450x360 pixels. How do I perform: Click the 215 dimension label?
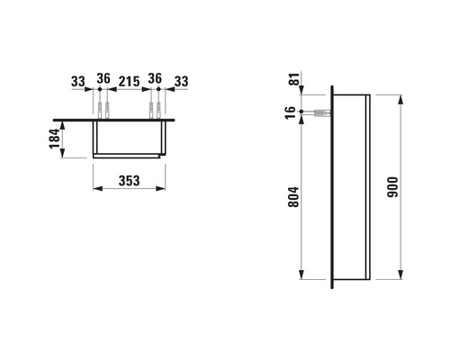[128, 81]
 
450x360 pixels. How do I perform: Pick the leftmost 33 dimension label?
[77, 81]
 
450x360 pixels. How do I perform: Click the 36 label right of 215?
[153, 81]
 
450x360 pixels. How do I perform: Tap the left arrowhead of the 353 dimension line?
[95, 189]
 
